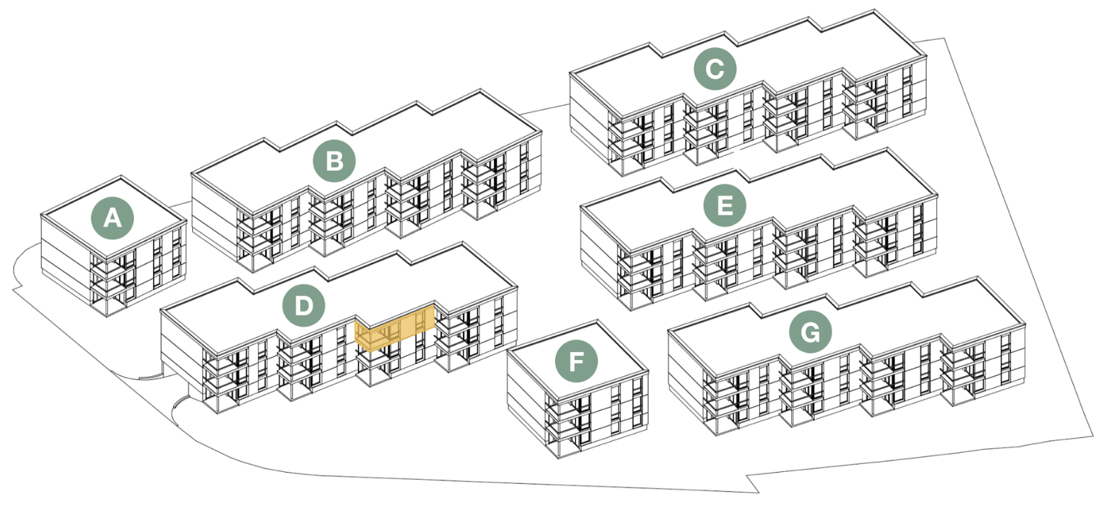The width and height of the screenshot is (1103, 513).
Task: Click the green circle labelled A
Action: point(112,218)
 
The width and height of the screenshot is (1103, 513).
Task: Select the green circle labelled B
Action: point(334,162)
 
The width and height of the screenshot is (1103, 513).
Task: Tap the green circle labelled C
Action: point(715,69)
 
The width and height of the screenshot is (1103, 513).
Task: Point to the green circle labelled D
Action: point(303,306)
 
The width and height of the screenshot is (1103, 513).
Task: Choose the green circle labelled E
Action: point(724,206)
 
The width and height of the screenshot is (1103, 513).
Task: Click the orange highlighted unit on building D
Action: point(394,329)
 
